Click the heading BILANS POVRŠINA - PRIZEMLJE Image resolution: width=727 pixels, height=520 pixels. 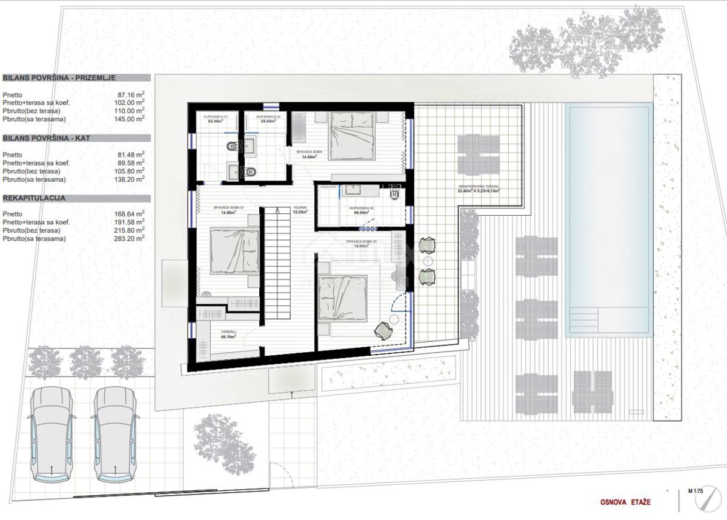tap(59, 78)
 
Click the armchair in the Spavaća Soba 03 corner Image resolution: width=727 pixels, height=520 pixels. tap(383, 330)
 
